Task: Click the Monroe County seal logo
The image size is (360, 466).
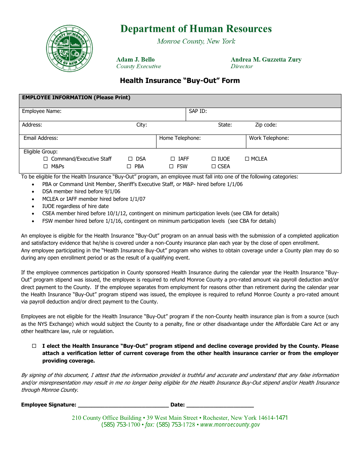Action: [x=69, y=48]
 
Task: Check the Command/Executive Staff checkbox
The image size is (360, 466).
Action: [x=46, y=159]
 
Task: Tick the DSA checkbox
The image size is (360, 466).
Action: [x=130, y=159]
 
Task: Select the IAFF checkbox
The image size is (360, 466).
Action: [x=173, y=159]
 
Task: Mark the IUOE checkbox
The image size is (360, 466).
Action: [x=214, y=159]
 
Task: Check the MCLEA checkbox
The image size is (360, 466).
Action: [x=247, y=159]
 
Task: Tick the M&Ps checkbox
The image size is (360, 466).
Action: [x=46, y=166]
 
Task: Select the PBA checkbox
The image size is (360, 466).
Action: [x=129, y=166]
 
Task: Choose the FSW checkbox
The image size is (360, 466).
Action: [x=171, y=166]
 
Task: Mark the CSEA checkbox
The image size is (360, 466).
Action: [x=214, y=166]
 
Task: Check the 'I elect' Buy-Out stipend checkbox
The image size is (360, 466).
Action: [x=34, y=346]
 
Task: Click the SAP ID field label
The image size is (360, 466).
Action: [x=198, y=111]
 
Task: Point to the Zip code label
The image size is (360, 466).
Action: [x=266, y=125]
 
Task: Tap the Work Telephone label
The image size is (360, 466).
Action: [x=269, y=138]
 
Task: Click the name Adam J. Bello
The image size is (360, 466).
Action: [x=135, y=59]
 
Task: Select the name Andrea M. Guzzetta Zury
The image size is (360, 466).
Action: [x=266, y=59]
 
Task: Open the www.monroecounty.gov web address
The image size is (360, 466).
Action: [x=230, y=425]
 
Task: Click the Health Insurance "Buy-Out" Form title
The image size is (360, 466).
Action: [x=180, y=81]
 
